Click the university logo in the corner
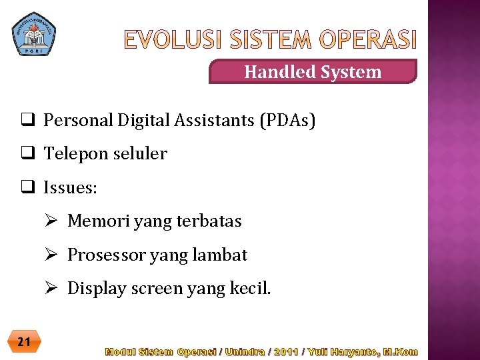coord(34,33)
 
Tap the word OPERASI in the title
coord(367,41)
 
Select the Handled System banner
coord(313,72)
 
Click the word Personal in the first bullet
coord(79,121)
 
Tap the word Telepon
coord(73,154)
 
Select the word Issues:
coord(70,188)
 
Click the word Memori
coord(99,221)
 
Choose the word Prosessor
coord(107,255)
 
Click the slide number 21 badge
coord(24,342)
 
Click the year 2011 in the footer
coord(286,351)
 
